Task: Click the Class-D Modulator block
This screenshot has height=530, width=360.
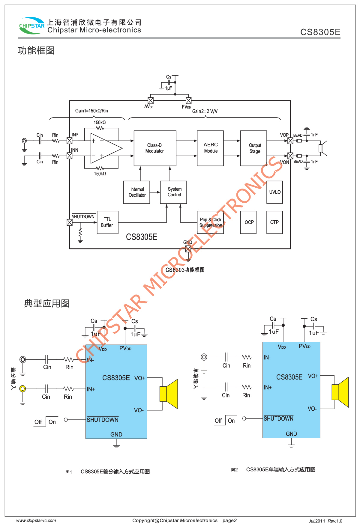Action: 155,148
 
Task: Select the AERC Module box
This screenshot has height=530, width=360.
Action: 210,148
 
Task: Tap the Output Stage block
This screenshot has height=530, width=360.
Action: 253,148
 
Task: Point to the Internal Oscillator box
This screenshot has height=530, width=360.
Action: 137,192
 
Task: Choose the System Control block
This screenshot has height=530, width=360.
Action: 173,192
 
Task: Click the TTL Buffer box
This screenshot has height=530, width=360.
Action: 107,222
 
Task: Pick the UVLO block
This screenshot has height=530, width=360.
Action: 274,192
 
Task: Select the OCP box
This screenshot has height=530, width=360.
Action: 248,222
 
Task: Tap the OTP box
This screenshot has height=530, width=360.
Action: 274,222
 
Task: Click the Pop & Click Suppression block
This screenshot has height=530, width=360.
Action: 210,222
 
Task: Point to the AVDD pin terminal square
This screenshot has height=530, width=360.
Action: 151,100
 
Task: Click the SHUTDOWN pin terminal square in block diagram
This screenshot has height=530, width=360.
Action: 70,222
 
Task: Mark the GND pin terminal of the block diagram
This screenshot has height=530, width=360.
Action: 188,249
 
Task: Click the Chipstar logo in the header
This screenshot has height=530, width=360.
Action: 31,26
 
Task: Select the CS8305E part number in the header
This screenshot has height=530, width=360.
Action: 320,32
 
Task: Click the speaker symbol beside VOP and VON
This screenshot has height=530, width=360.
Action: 323,148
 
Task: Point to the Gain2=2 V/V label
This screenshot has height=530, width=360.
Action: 205,111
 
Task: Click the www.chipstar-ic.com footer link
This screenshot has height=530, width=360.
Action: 36,520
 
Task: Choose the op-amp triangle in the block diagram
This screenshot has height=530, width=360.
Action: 105,148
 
